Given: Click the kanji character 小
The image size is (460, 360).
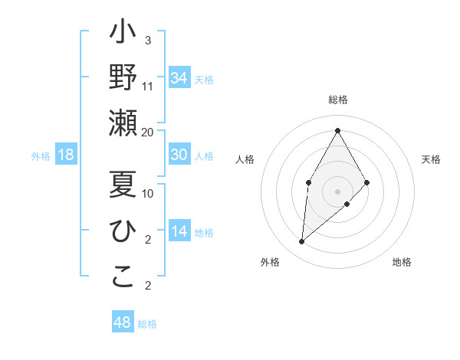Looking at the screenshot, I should pos(123,35).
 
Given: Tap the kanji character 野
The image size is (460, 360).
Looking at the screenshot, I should pos(123,78).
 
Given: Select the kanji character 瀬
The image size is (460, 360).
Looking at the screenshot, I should pos(123,123).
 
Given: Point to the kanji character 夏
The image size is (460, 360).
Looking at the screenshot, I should pos(123,185).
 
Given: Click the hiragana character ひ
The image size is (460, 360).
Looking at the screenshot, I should pos(123,231).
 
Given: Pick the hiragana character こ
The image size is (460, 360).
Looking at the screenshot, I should pos(123,277).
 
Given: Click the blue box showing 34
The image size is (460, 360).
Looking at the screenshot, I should pos(179,78).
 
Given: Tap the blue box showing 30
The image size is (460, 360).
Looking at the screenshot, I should pos(179,155).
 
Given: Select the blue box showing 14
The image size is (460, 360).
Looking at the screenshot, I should pos(179,232).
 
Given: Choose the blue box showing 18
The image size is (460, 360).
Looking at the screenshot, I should pos(66,155).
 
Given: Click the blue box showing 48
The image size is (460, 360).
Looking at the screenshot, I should pos(122,322).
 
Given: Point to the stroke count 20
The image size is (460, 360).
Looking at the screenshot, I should pos(148,132).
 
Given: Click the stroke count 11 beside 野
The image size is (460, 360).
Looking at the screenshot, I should pos(148,86).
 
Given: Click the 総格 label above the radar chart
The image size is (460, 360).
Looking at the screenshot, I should pos(337,100).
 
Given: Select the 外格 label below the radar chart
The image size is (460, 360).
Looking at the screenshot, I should pos(270,262).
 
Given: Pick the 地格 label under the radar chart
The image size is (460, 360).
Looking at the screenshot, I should pos(402,262).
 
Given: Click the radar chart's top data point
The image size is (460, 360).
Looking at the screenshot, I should pos(337,130).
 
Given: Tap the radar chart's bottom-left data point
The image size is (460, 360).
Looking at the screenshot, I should pos(301,241).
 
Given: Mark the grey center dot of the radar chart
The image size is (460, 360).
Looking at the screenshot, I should pos(337,191).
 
